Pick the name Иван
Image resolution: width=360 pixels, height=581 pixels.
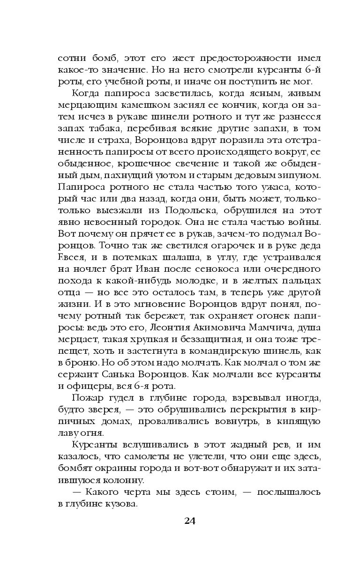click(149, 269)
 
